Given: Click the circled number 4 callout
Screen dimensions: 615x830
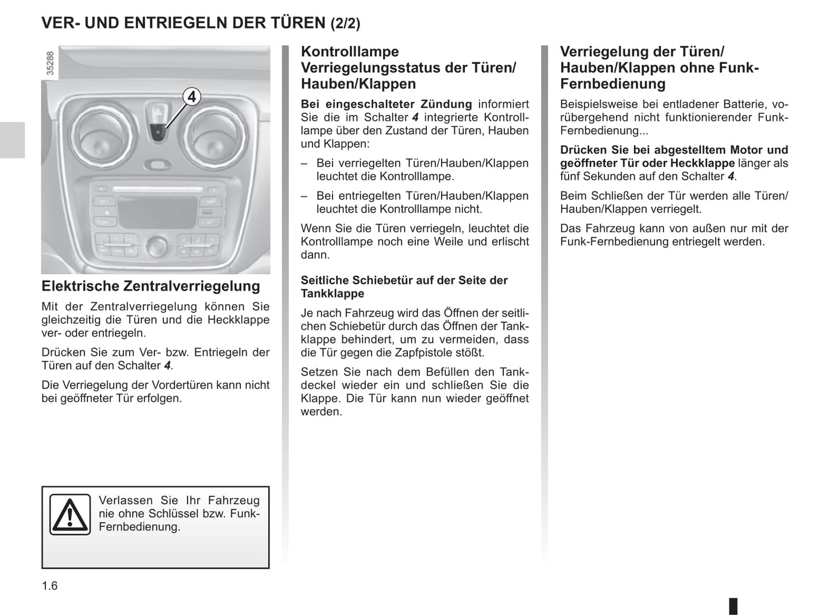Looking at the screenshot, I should (x=192, y=97).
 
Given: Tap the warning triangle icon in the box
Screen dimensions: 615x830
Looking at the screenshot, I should (x=70, y=514).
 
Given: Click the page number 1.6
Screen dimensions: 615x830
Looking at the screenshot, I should (x=49, y=586).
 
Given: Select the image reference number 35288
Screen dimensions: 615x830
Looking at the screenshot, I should (x=50, y=63).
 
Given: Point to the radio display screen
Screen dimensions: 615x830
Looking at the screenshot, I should (x=156, y=210).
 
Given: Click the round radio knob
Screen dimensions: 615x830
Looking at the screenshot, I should (x=156, y=246).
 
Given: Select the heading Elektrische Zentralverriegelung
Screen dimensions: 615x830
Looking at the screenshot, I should (x=150, y=286).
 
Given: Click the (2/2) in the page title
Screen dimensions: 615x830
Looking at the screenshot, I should (x=345, y=24).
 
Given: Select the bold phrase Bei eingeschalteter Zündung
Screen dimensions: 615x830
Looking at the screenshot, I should (x=386, y=104).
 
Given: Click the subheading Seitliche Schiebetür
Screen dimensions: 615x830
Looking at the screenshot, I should (x=404, y=280).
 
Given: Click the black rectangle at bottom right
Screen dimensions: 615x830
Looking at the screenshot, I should (x=734, y=606).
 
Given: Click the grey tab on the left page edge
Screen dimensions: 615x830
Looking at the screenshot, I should (x=12, y=140).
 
